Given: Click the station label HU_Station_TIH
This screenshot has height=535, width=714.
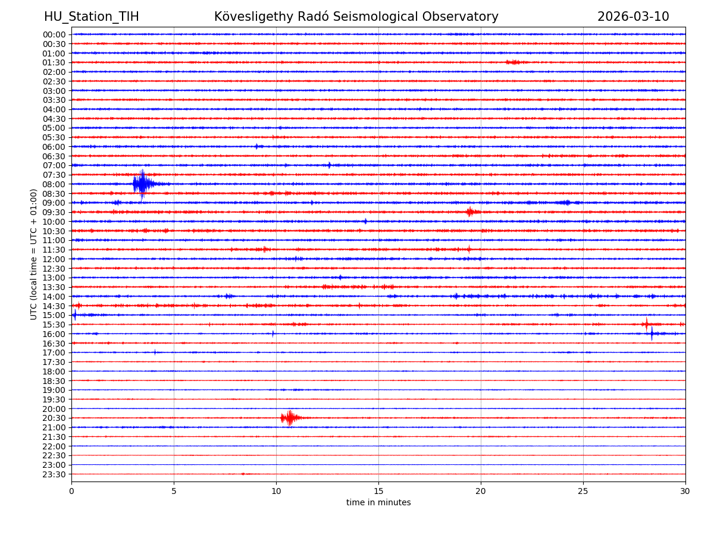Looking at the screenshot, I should pos(91,17).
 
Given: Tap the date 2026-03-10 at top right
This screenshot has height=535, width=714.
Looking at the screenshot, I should pos(633,17).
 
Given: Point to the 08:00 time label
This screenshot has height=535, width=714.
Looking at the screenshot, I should pos(54,184).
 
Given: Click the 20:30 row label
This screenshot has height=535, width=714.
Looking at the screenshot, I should pos(54,418).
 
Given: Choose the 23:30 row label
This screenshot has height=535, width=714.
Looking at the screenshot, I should pos(54,474).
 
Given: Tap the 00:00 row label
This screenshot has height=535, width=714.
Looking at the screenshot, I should pos(54,34).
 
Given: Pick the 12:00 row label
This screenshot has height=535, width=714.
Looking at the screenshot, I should pos(54,259).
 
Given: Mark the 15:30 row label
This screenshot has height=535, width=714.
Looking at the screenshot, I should pos(54,325).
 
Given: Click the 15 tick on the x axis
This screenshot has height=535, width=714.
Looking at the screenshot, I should pos(378,491).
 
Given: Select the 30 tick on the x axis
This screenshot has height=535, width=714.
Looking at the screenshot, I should pos(685,491).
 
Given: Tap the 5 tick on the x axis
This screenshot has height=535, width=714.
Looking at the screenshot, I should pos(174,491).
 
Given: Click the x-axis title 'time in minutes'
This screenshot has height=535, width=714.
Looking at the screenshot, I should pos(378,502).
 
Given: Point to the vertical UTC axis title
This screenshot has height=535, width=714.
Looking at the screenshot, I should pos(34,254).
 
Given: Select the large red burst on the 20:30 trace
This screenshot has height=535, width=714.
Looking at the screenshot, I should pos(289,418).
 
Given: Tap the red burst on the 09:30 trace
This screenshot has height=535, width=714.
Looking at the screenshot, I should pos(471,212).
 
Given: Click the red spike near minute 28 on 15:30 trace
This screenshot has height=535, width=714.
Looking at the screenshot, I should pos(646,324).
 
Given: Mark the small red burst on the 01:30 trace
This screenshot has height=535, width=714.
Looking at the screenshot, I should pos(513,62).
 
